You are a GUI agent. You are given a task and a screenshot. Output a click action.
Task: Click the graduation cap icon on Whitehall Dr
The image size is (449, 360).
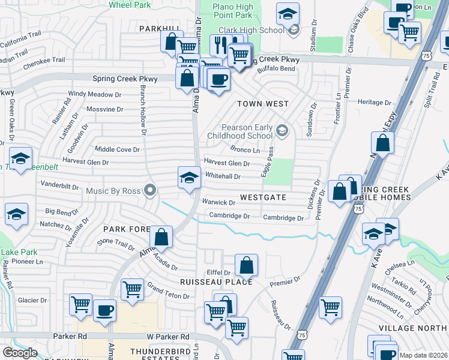[x=189, y=178]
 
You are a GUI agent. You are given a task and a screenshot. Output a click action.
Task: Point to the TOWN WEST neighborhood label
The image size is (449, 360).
[x=263, y=104]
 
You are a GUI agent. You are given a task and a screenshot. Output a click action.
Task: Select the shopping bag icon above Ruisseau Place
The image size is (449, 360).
[x=246, y=265]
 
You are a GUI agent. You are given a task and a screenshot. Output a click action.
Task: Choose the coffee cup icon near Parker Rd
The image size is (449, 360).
[x=104, y=311]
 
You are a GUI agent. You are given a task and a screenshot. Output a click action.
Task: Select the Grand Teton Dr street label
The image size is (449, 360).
[x=168, y=291]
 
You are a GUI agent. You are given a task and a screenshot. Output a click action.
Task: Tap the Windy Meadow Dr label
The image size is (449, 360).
[x=95, y=94]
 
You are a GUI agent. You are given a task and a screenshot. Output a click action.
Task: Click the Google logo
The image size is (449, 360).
[x=20, y=353]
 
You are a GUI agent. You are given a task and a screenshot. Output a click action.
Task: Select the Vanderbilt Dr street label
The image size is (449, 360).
[x=59, y=185]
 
